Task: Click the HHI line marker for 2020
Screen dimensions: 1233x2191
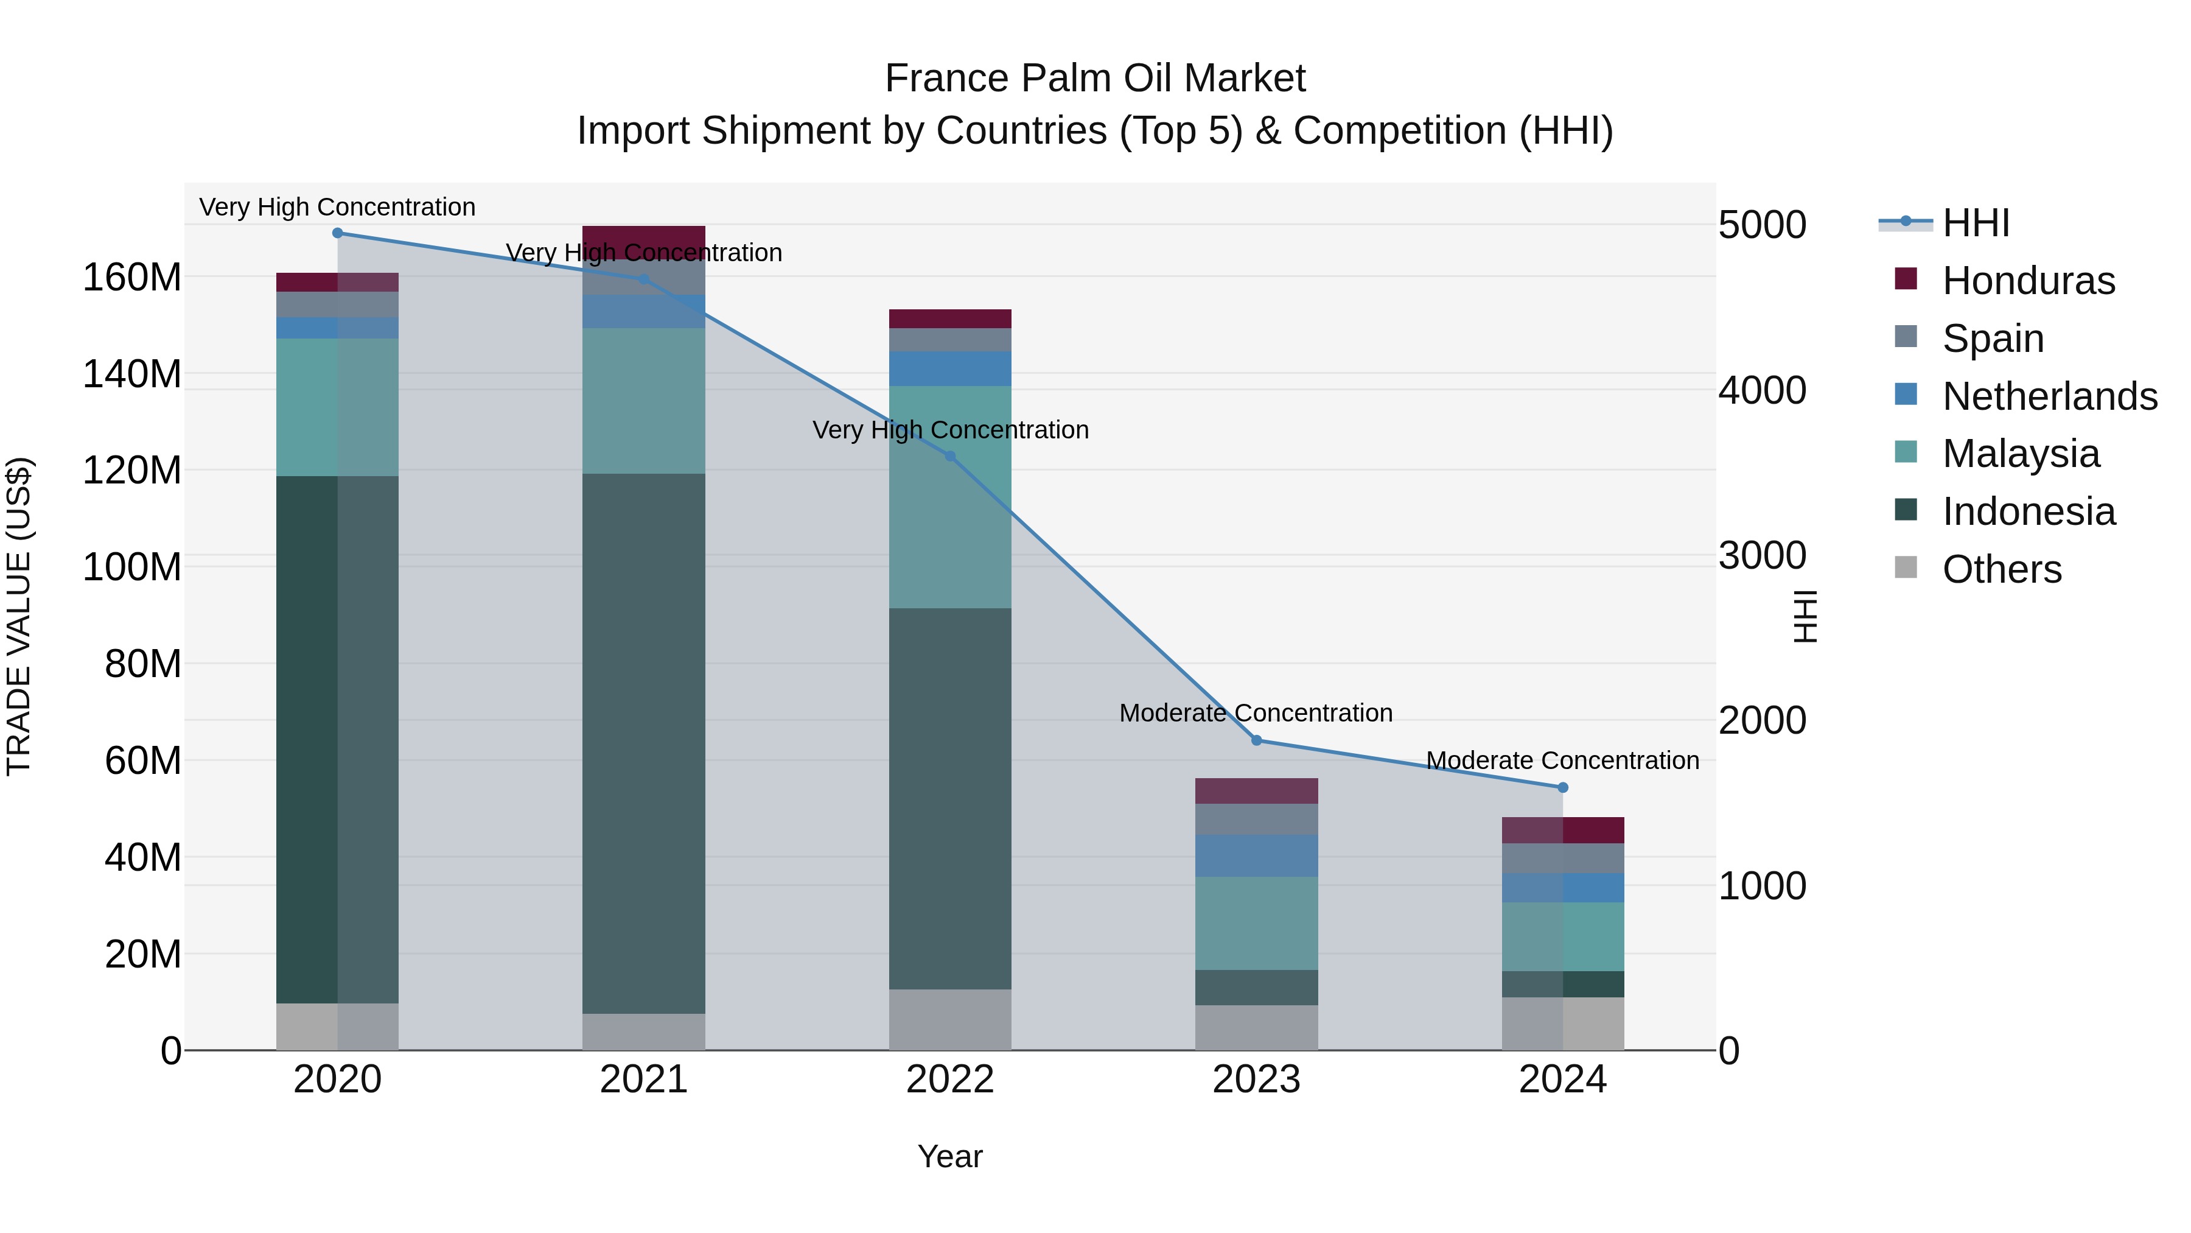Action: [338, 233]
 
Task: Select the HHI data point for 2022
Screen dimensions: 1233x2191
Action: [950, 456]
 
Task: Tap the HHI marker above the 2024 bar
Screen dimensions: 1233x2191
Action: [1562, 788]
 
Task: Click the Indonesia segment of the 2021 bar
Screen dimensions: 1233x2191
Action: [644, 743]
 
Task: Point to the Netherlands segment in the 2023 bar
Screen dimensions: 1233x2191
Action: [1256, 855]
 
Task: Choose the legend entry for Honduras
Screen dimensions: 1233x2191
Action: [2028, 281]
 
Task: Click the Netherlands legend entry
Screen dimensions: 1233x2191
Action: [2049, 396]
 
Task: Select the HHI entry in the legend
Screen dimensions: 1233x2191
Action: [1975, 223]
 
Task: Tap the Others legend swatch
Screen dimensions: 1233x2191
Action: [1906, 567]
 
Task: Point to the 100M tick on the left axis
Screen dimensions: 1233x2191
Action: [132, 567]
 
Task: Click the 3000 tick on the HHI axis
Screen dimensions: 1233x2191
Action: [1763, 556]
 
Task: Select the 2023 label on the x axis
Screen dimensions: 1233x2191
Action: [1256, 1080]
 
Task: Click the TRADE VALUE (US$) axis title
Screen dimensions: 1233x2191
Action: [19, 616]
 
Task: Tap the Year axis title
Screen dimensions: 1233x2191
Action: [950, 1156]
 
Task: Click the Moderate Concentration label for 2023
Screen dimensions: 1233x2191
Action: [1256, 713]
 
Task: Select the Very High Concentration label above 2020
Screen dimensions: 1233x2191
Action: [338, 207]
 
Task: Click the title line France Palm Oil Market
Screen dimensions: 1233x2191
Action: [1095, 79]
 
